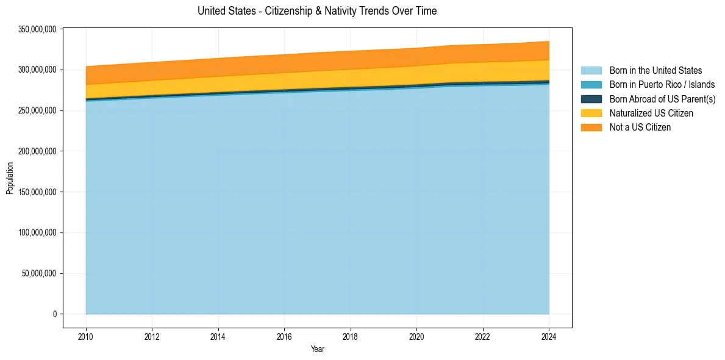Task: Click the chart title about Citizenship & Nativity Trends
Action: coord(317,11)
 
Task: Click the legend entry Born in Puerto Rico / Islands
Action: coord(662,85)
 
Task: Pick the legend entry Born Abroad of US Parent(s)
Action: coord(662,99)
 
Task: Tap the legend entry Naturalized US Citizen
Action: coord(651,113)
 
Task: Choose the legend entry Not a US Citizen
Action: coord(640,127)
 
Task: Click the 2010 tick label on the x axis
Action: coord(86,336)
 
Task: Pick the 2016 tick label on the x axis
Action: coord(284,336)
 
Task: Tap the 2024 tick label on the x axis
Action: coord(549,336)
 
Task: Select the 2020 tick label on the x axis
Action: coord(416,336)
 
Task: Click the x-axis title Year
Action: coord(317,350)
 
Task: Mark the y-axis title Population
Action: coord(10,178)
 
